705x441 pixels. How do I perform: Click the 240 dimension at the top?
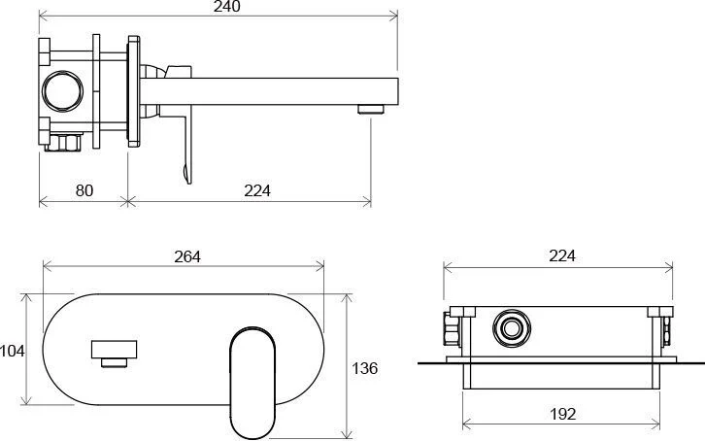click(x=227, y=7)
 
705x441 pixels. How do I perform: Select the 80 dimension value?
click(x=84, y=190)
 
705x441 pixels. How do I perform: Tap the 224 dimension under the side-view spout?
click(x=257, y=190)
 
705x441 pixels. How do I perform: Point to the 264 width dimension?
click(x=187, y=256)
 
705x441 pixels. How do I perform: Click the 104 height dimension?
click(x=13, y=351)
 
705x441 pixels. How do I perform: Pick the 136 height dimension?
click(x=364, y=368)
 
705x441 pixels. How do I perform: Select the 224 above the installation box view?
click(x=562, y=255)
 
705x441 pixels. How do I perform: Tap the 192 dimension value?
click(x=563, y=414)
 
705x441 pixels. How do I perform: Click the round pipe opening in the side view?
click(x=62, y=90)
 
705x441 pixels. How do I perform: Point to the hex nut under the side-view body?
click(x=63, y=142)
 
